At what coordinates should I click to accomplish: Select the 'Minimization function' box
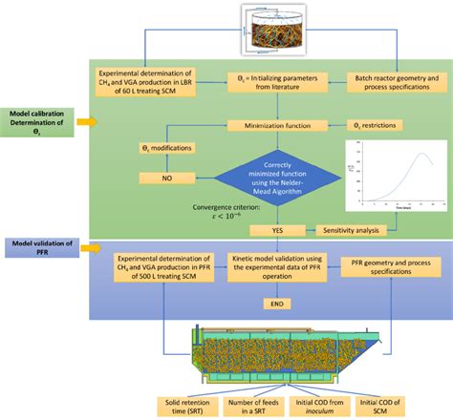coord(259,125)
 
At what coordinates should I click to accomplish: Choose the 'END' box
coord(259,303)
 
